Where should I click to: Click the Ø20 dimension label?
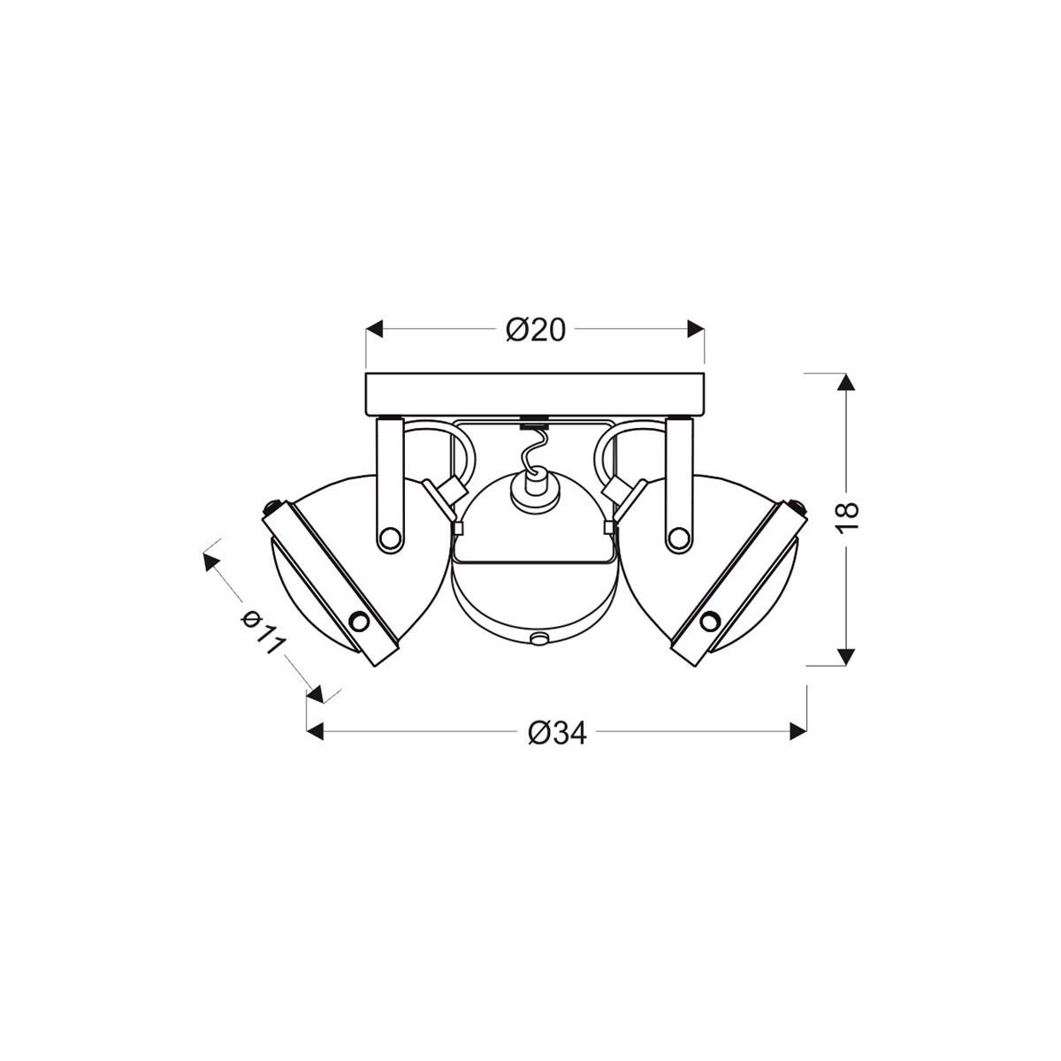[x=536, y=330]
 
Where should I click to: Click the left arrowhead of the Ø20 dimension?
[x=375, y=330]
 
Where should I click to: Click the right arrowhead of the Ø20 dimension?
[x=697, y=330]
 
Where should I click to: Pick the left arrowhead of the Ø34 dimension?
[x=314, y=731]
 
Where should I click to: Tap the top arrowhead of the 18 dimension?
[x=847, y=383]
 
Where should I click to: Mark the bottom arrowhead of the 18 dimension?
[x=847, y=656]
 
